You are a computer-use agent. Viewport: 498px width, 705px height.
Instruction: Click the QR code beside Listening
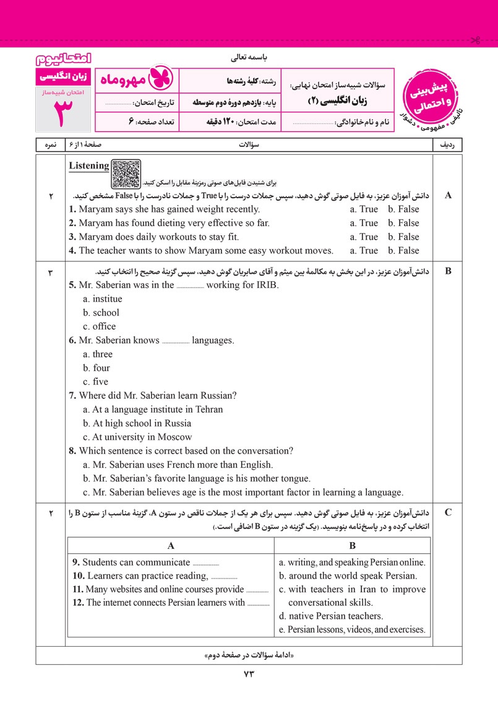click(127, 173)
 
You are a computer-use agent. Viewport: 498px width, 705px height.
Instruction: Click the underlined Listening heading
click(89, 166)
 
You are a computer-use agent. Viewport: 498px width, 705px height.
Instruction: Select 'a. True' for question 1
click(364, 209)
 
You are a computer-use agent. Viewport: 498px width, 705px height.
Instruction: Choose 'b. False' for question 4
click(403, 251)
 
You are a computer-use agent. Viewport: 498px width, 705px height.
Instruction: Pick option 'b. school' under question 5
click(101, 313)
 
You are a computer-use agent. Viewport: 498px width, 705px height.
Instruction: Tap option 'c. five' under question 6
click(95, 382)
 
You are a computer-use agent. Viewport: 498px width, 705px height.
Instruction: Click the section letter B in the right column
click(449, 271)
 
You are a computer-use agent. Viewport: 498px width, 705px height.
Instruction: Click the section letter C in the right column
click(449, 512)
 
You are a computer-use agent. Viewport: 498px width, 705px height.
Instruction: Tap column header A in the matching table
click(170, 546)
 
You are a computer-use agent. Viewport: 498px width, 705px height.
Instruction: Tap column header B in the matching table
click(352, 546)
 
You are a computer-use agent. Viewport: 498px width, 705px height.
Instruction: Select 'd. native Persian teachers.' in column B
click(331, 616)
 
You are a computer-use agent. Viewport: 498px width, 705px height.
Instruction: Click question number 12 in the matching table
click(79, 603)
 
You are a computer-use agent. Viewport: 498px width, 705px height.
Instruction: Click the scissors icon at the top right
click(475, 41)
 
